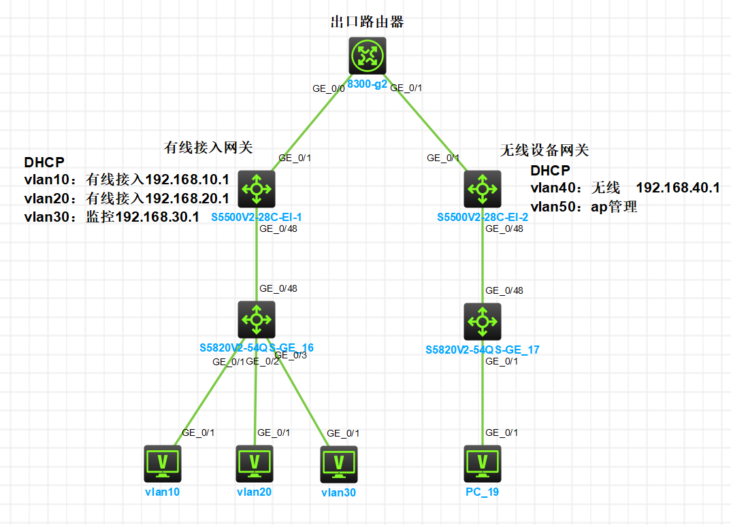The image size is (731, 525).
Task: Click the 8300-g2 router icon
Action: pos(368,56)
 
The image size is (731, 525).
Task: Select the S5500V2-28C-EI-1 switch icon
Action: pos(257,188)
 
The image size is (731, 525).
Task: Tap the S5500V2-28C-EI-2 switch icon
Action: pos(483,188)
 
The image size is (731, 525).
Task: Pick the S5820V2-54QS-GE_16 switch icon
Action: pos(257,320)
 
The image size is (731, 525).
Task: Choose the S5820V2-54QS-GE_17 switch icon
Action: pos(483,321)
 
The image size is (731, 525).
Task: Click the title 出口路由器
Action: pos(367,22)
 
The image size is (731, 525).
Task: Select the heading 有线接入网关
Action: pos(208,146)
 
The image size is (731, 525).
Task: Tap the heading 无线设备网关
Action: pos(544,150)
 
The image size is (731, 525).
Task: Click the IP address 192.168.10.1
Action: pos(187,180)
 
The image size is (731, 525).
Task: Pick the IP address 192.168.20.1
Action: pos(187,199)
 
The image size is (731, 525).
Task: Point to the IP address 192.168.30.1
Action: pos(157,217)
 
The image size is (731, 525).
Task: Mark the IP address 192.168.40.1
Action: pos(678,188)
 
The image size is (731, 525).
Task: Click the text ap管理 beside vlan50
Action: pos(614,207)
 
